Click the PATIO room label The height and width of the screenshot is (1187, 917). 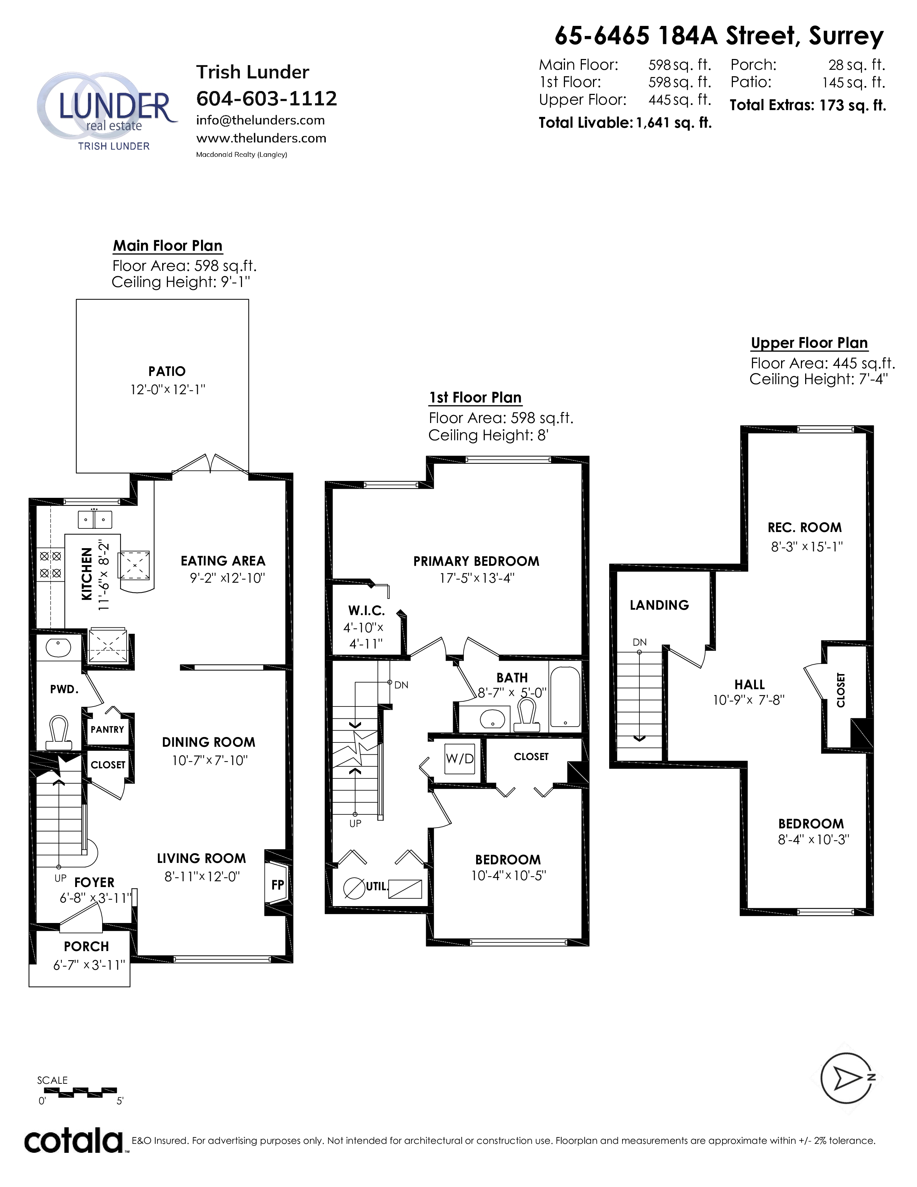[167, 371]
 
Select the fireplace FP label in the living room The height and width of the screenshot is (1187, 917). [278, 884]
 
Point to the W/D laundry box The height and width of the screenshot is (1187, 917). [460, 758]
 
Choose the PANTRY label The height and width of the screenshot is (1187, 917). [107, 729]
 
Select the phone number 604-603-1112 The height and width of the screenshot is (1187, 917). [266, 98]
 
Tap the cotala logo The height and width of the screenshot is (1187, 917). [74, 1139]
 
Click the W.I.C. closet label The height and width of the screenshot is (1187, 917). [367, 610]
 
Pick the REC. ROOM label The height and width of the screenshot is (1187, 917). [804, 527]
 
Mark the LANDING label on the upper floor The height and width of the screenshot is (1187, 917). [659, 605]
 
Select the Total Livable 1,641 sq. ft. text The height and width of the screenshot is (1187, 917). [625, 123]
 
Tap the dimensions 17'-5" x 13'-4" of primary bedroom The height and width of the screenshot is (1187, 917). [476, 578]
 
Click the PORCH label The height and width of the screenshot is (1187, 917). [86, 946]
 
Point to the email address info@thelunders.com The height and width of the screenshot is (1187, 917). [260, 120]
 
